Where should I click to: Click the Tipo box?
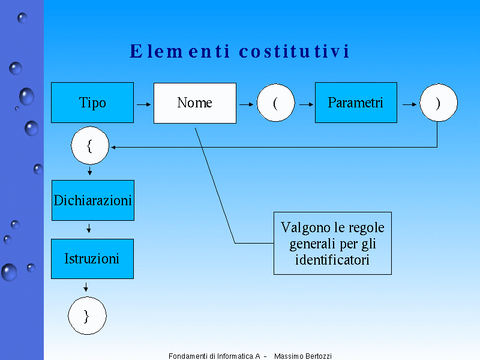pyautogui.click(x=92, y=103)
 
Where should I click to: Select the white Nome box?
pyautogui.click(x=195, y=103)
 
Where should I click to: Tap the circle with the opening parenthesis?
pyautogui.click(x=276, y=103)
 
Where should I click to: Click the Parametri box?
pyautogui.click(x=356, y=103)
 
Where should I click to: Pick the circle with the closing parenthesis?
pyautogui.click(x=438, y=103)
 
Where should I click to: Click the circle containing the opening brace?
pyautogui.click(x=90, y=146)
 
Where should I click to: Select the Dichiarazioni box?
pyautogui.click(x=93, y=200)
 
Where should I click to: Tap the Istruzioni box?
pyautogui.click(x=92, y=259)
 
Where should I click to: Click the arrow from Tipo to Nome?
pyautogui.click(x=143, y=104)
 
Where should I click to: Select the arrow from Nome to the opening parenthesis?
pyautogui.click(x=246, y=104)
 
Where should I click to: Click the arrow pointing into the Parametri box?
pyautogui.click(x=307, y=104)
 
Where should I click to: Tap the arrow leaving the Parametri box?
pyautogui.click(x=409, y=104)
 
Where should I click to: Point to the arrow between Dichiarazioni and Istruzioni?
pyautogui.click(x=89, y=228)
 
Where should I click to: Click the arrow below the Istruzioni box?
pyautogui.click(x=86, y=287)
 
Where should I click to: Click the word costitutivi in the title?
pyautogui.click(x=294, y=52)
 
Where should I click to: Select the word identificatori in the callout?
pyautogui.click(x=332, y=260)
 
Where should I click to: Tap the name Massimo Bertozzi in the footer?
pyautogui.click(x=303, y=356)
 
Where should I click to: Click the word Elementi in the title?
pyautogui.click(x=180, y=52)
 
